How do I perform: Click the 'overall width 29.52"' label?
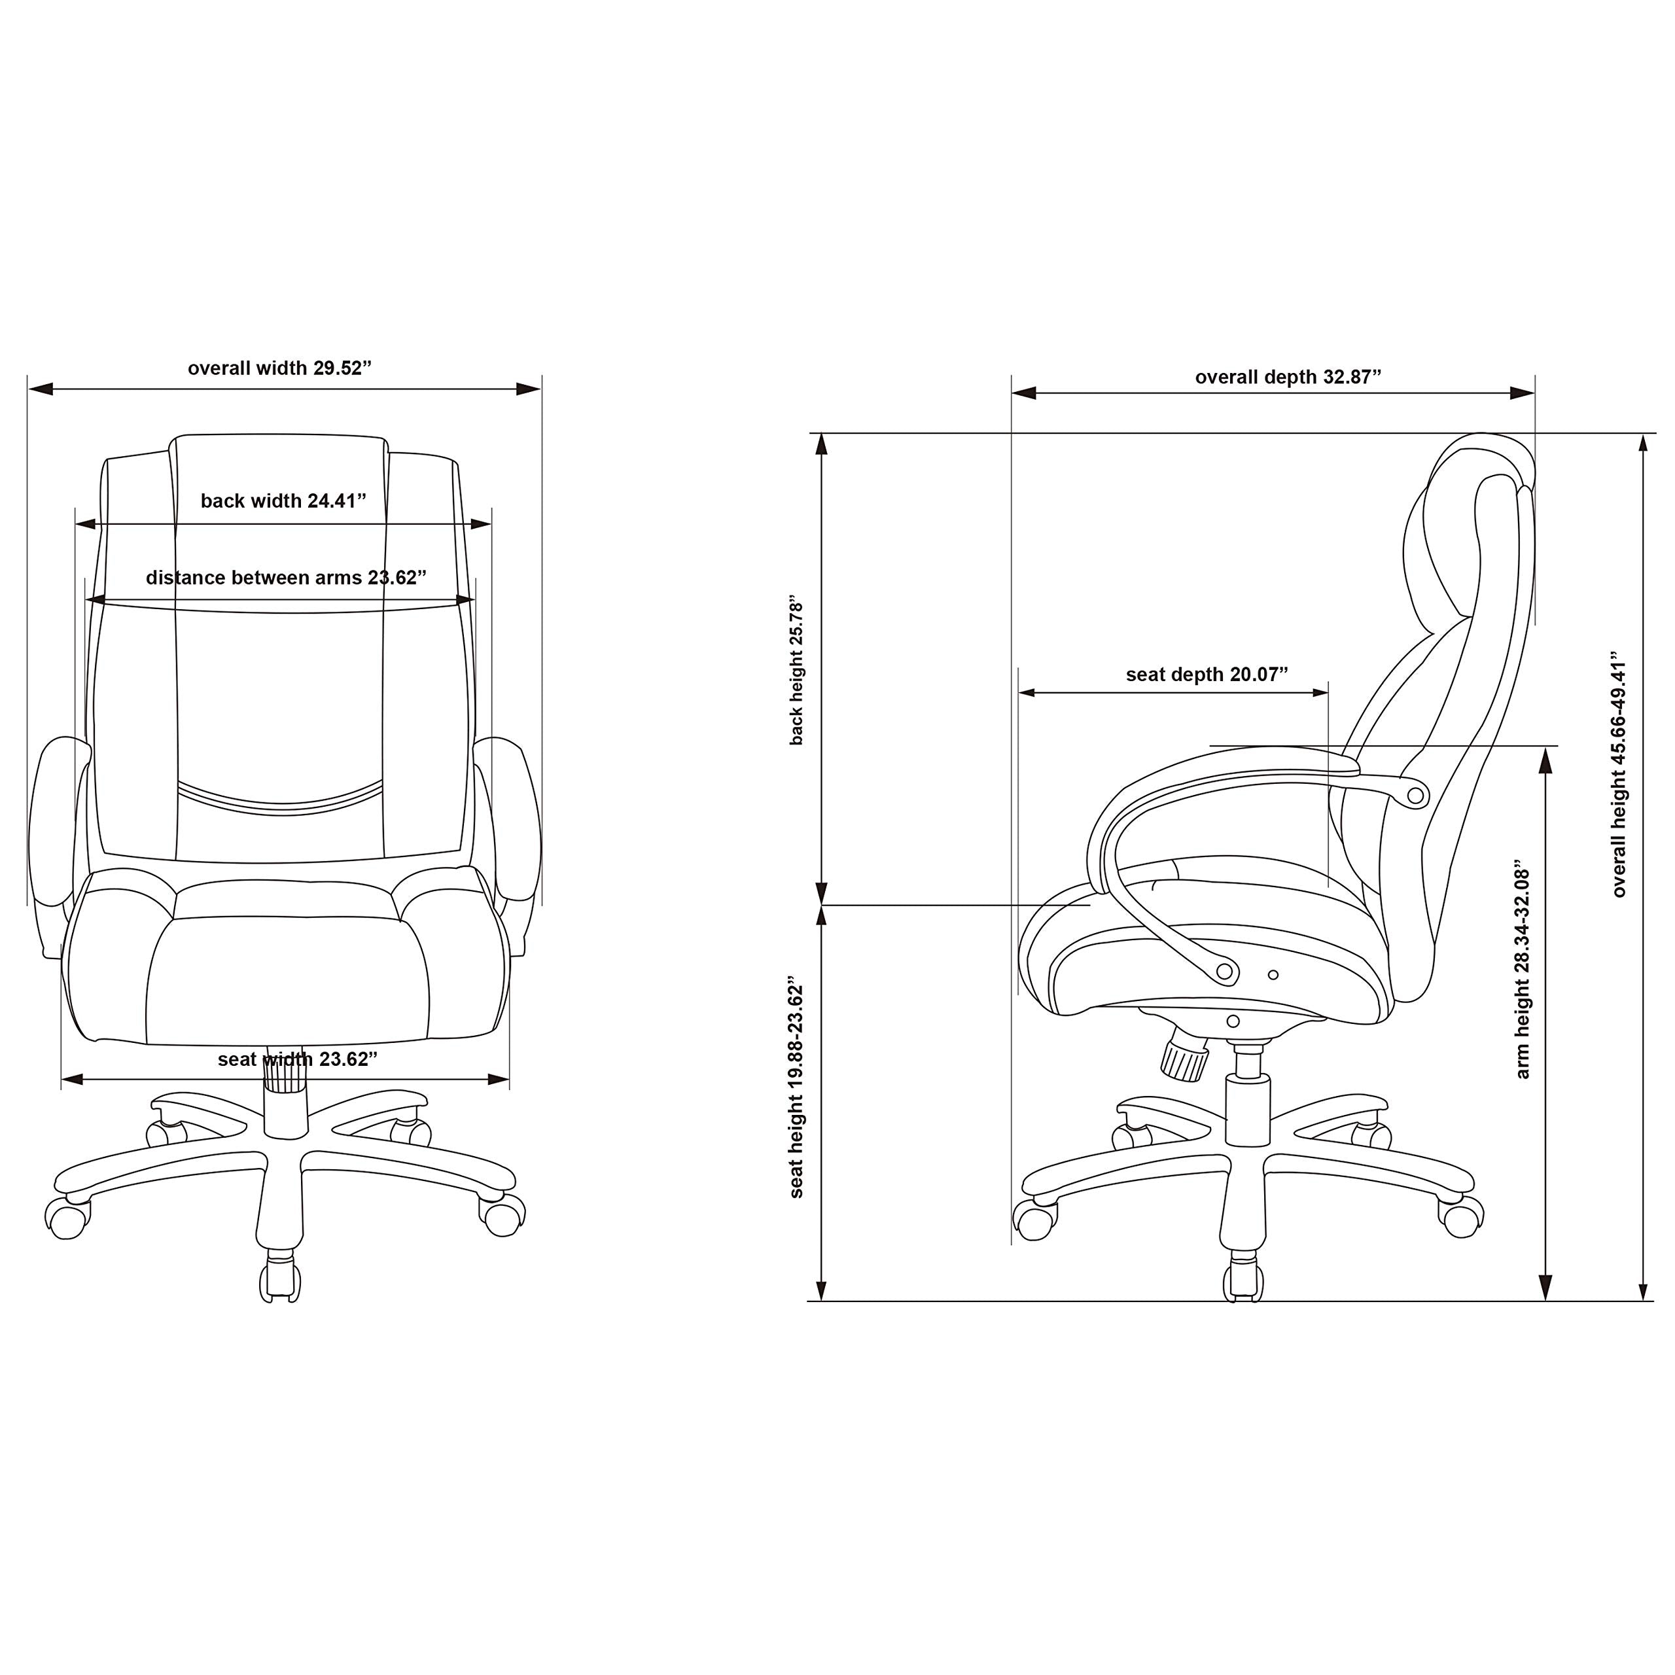pyautogui.click(x=279, y=368)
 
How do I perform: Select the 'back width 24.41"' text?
pyautogui.click(x=283, y=501)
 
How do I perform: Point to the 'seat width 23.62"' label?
pyautogui.click(x=297, y=1059)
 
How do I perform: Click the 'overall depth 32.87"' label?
pyautogui.click(x=1288, y=377)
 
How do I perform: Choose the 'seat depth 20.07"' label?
pyautogui.click(x=1207, y=675)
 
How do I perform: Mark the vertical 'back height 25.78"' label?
pyautogui.click(x=797, y=670)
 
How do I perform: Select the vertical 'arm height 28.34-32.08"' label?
pyautogui.click(x=1523, y=969)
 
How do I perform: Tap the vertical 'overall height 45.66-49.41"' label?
pyautogui.click(x=1619, y=773)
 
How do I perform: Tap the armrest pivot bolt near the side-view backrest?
pyautogui.click(x=1415, y=795)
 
